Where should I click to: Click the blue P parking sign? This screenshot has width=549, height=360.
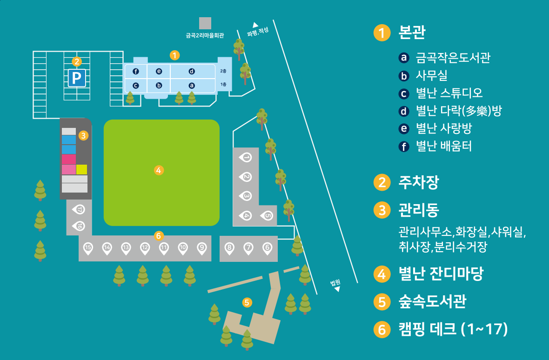pyautogui.click(x=77, y=78)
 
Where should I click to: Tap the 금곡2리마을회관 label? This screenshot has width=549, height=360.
pyautogui.click(x=205, y=34)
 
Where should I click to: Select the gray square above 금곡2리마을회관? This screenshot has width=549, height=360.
pyautogui.click(x=205, y=23)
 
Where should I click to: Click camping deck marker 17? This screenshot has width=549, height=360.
pyautogui.click(x=79, y=210)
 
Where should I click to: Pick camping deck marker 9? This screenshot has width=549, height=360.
pyautogui.click(x=201, y=248)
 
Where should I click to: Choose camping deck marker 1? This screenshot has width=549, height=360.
pyautogui.click(x=246, y=158)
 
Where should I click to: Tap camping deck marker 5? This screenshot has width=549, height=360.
pyautogui.click(x=267, y=215)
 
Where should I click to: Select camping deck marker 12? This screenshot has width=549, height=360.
pyautogui.click(x=145, y=248)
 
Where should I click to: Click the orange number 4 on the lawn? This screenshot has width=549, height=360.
pyautogui.click(x=159, y=170)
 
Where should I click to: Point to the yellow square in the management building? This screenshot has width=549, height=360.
pyautogui.click(x=81, y=169)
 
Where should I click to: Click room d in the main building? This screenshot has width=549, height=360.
pyautogui.click(x=192, y=71)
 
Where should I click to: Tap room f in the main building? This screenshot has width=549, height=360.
pyautogui.click(x=136, y=71)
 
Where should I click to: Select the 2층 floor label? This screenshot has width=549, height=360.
pyautogui.click(x=223, y=71)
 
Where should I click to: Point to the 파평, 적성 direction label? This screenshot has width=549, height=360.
pyautogui.click(x=257, y=32)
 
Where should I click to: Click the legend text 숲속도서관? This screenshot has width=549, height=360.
pyautogui.click(x=432, y=302)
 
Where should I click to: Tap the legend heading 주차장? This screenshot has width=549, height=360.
pyautogui.click(x=418, y=182)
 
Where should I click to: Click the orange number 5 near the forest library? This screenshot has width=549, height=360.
pyautogui.click(x=247, y=302)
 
